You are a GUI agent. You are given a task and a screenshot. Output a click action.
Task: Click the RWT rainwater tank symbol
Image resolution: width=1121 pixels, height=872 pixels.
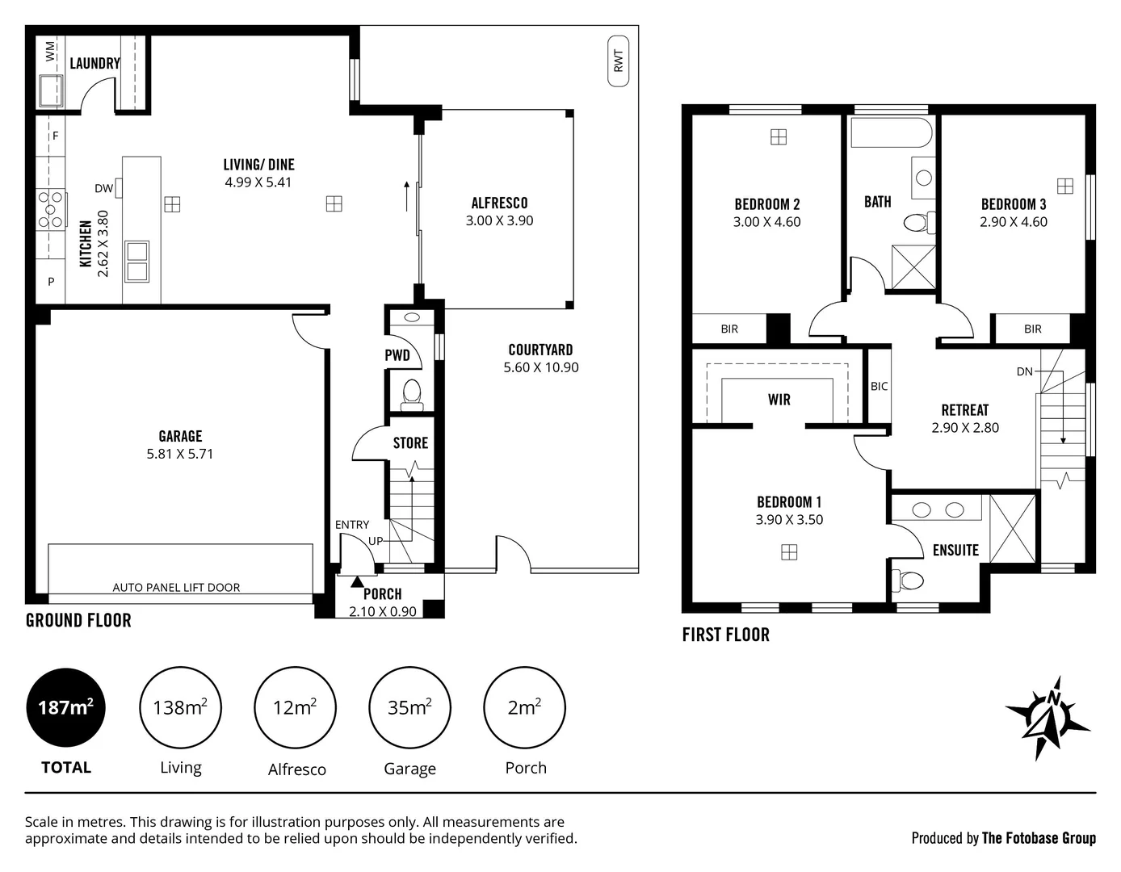[x=619, y=61]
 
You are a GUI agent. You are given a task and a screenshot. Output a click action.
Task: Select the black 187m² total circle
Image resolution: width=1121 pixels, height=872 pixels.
[x=66, y=708]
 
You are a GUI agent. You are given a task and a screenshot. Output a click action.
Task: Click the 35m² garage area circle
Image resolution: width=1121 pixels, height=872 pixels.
[x=409, y=708]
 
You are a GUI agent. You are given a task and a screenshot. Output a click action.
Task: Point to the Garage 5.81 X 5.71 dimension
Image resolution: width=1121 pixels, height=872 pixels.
[x=180, y=454]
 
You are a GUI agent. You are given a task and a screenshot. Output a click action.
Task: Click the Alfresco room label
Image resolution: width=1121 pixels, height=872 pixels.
[x=499, y=203]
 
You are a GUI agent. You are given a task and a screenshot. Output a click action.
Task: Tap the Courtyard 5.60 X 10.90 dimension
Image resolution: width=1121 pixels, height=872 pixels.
[x=541, y=367]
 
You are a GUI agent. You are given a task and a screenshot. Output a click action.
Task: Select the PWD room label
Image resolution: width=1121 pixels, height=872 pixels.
[x=397, y=355]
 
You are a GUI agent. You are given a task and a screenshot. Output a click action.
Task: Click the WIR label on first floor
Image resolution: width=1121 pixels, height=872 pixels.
[x=779, y=400]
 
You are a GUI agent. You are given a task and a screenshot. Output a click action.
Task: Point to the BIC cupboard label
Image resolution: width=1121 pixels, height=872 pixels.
[x=880, y=387]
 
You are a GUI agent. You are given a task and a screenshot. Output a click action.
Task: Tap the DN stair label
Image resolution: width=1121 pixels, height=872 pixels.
[x=1025, y=372]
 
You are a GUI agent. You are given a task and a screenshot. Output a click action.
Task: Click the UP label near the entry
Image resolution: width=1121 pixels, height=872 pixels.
[x=376, y=541]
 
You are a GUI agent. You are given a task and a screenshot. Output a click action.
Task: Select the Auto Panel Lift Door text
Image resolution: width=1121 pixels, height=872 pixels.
[x=176, y=588]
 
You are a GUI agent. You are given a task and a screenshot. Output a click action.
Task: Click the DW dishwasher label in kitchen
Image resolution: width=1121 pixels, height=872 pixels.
[x=103, y=189]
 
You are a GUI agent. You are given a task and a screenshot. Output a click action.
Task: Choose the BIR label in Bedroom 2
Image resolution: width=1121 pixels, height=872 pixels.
[x=729, y=329]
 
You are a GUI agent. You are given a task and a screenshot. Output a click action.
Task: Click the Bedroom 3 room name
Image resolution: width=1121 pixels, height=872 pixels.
[x=1014, y=204]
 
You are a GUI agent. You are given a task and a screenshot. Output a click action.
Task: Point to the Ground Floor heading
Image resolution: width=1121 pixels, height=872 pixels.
[x=78, y=620]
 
